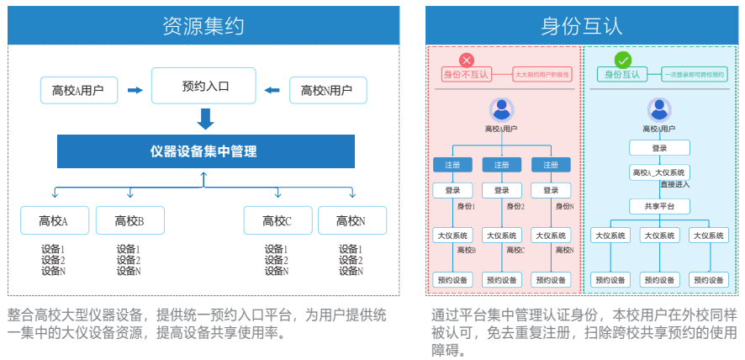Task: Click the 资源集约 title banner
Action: pyautogui.click(x=203, y=26)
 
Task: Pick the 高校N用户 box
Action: pyautogui.click(x=326, y=90)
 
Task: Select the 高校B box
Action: pyautogui.click(x=129, y=220)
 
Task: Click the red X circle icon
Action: pyautogui.click(x=468, y=61)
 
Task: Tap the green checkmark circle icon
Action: pyautogui.click(x=623, y=61)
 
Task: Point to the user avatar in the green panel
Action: pyautogui.click(x=659, y=109)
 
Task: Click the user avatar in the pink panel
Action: pyautogui.click(x=502, y=109)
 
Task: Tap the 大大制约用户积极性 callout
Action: pyautogui.click(x=542, y=75)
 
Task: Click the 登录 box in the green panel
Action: pyautogui.click(x=659, y=148)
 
